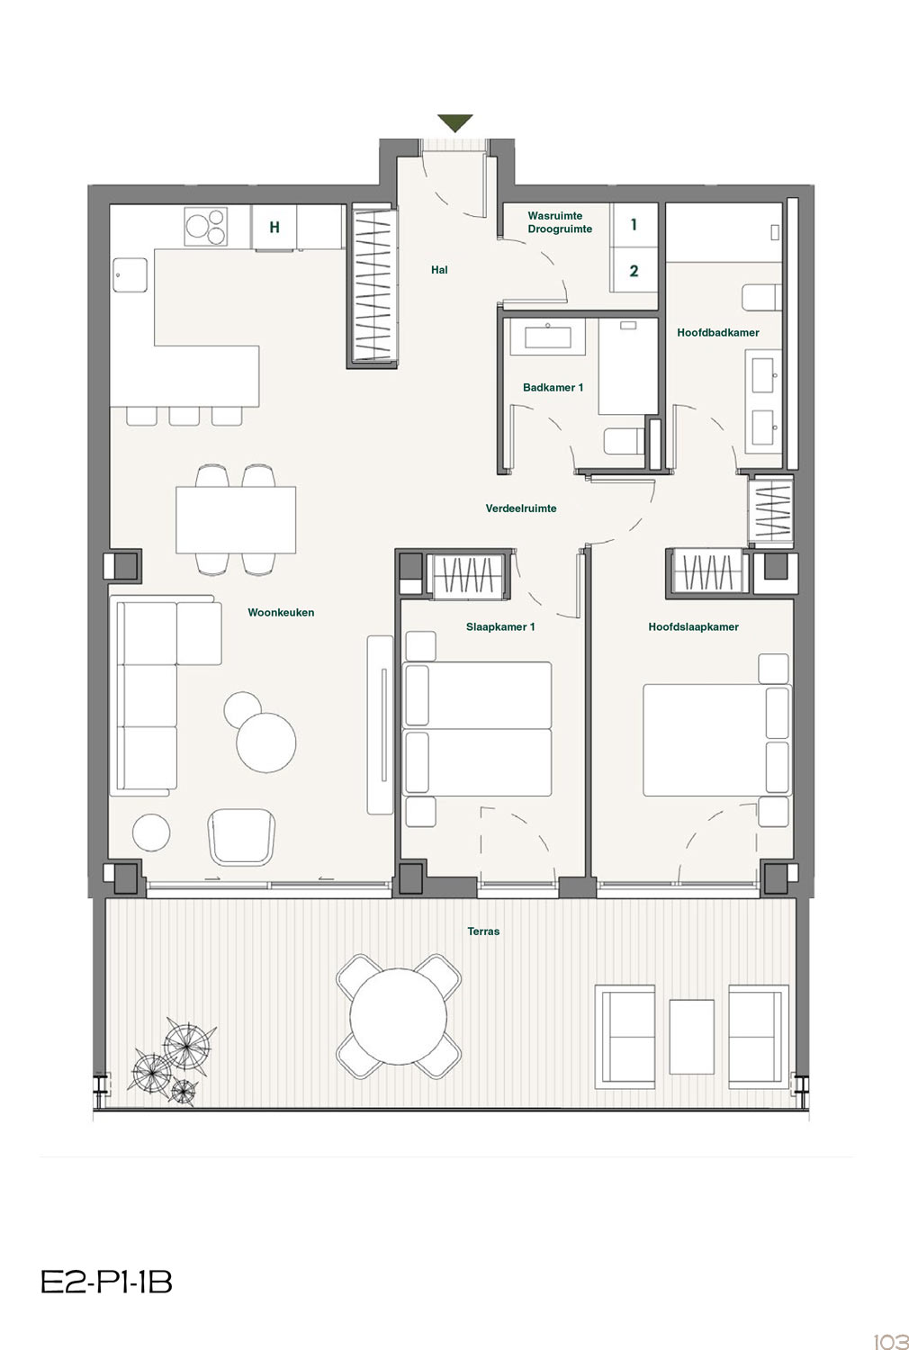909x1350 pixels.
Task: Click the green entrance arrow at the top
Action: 454,122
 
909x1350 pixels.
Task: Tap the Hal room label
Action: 439,270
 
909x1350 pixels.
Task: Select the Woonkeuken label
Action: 281,612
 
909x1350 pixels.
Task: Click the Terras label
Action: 483,931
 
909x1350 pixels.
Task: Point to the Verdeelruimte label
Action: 521,508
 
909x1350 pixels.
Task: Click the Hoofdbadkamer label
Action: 718,332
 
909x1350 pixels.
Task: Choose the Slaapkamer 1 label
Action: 500,626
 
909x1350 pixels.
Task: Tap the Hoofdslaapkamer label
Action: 693,626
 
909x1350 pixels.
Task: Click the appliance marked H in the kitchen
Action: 274,227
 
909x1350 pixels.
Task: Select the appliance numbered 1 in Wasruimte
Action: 634,225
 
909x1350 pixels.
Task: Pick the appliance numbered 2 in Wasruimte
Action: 634,271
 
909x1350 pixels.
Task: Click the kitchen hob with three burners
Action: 205,226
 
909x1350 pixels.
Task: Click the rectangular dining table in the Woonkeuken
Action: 236,519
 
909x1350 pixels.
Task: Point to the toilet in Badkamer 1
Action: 625,442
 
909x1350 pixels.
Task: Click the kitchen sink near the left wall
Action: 130,275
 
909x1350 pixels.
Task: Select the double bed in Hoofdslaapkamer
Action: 716,740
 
